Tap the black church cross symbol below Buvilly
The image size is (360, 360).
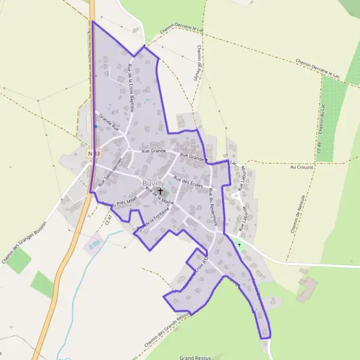coord(160,192)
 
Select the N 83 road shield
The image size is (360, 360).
coord(92,154)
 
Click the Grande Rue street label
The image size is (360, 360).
coord(109,123)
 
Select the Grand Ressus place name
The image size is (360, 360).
coord(196,358)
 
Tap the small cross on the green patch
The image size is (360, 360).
coord(239,245)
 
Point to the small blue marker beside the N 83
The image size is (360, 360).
coord(95,127)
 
